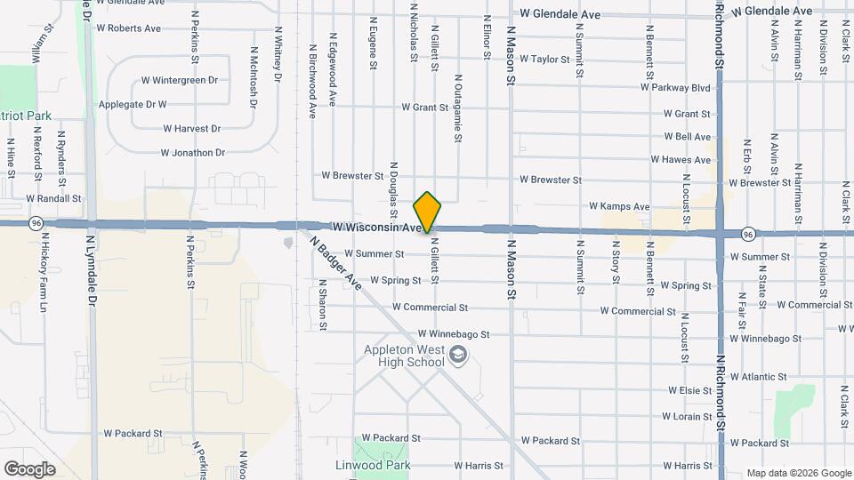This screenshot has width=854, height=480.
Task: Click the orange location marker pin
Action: [x=427, y=211]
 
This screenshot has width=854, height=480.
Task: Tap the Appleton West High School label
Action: [x=404, y=356]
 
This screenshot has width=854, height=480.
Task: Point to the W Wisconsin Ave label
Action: [x=375, y=228]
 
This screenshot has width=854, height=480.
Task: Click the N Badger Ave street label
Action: [x=335, y=261]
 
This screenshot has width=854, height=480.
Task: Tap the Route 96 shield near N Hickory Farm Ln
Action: [x=36, y=221]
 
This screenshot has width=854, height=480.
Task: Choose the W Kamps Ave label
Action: [x=619, y=207]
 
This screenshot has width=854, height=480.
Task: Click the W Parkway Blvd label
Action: [x=675, y=88]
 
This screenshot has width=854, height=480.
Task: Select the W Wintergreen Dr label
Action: [x=180, y=80]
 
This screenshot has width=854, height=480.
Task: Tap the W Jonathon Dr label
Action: [x=192, y=153]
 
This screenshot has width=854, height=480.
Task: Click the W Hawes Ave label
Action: [x=681, y=160]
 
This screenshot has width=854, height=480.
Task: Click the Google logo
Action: [x=29, y=468]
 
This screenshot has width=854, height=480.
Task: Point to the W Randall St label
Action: [x=53, y=199]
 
